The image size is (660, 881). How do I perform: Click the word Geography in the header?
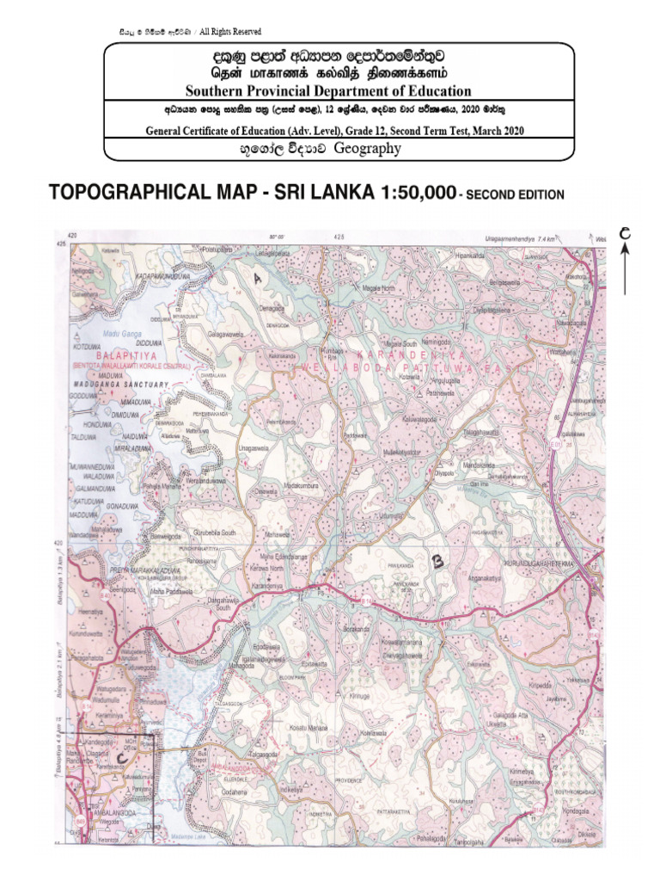pyautogui.click(x=367, y=149)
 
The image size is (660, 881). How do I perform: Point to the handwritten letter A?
pyautogui.click(x=256, y=277)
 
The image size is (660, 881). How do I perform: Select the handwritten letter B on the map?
pyautogui.click(x=437, y=562)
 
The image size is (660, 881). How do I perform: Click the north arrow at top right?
pyautogui.click(x=625, y=258)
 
